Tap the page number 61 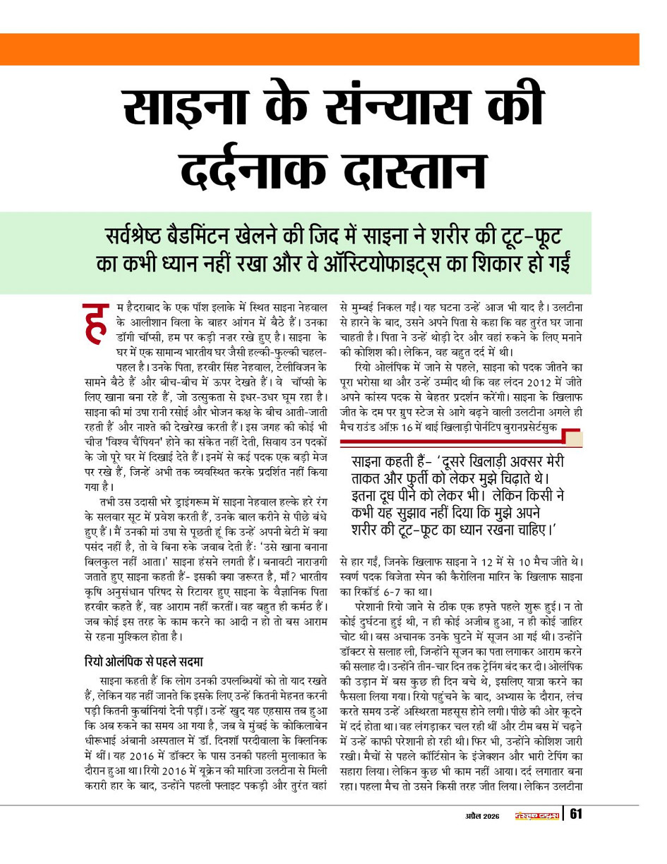(x=576, y=815)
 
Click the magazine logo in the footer (x=536, y=816)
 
